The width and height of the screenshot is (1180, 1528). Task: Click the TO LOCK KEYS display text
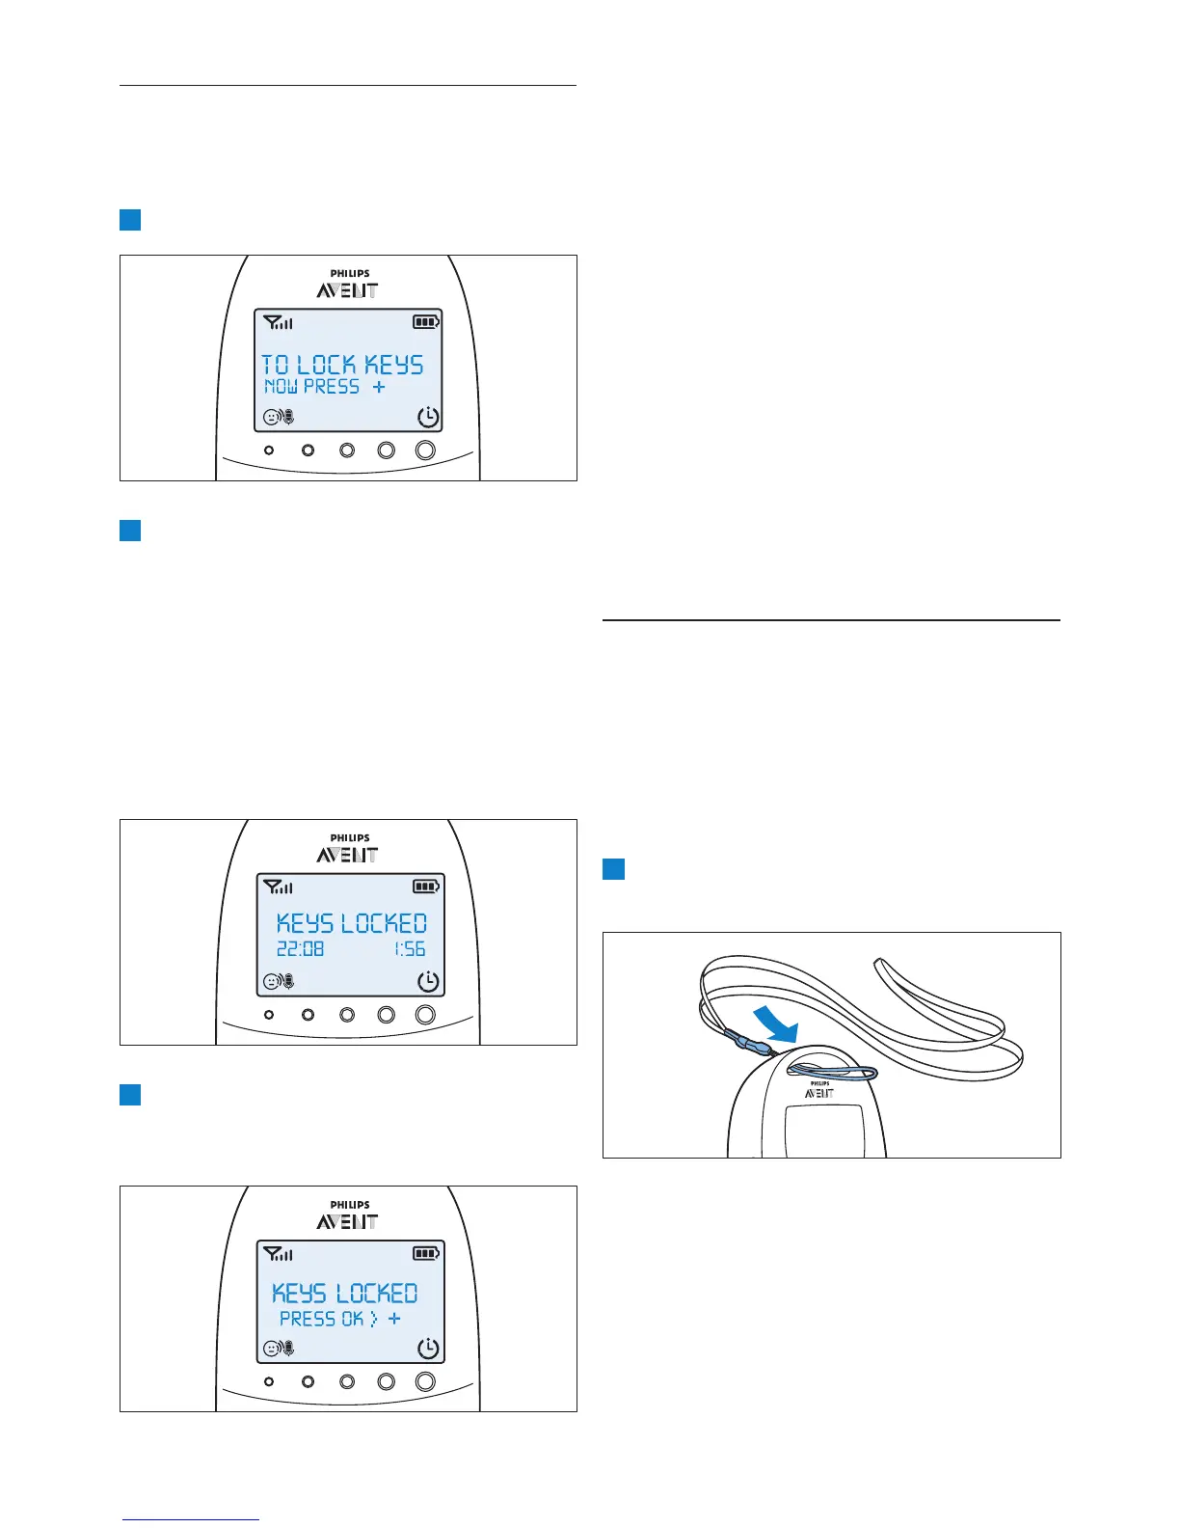[x=342, y=365]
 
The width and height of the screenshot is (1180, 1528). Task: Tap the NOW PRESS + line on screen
[x=325, y=387]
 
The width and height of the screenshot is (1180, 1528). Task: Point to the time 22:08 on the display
[x=301, y=949]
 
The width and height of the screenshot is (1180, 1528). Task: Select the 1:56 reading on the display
[x=410, y=949]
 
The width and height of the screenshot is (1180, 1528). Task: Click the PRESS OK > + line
[x=340, y=1319]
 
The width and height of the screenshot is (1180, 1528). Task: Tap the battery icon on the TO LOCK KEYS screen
[x=426, y=322]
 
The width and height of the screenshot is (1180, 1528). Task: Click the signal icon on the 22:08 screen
[x=279, y=887]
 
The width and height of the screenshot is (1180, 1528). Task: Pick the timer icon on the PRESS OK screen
[x=428, y=1349]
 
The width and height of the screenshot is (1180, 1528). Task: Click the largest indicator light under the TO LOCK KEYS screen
[x=425, y=450]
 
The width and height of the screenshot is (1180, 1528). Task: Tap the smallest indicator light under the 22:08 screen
[x=269, y=1015]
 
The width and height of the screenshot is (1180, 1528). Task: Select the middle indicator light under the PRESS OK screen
[x=347, y=1381]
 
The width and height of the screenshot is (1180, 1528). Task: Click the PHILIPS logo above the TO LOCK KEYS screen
[x=350, y=273]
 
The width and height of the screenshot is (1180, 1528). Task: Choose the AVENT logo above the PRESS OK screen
[x=347, y=1222]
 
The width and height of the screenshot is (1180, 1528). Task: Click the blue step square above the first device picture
[x=130, y=220]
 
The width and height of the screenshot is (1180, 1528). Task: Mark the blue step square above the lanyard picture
[x=614, y=869]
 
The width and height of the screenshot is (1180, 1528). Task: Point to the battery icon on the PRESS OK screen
[x=426, y=1254]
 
